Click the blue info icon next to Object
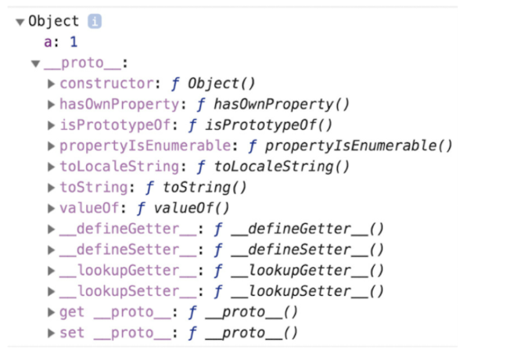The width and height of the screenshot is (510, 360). click(95, 22)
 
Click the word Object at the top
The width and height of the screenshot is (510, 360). click(54, 22)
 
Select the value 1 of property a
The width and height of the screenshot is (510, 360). click(74, 42)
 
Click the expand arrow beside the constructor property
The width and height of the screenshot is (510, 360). click(52, 84)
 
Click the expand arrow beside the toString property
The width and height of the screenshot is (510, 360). click(52, 188)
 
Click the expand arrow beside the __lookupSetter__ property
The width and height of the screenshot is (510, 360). click(52, 292)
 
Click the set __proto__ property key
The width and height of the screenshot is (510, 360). click(113, 333)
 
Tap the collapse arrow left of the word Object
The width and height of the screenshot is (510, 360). click(20, 22)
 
